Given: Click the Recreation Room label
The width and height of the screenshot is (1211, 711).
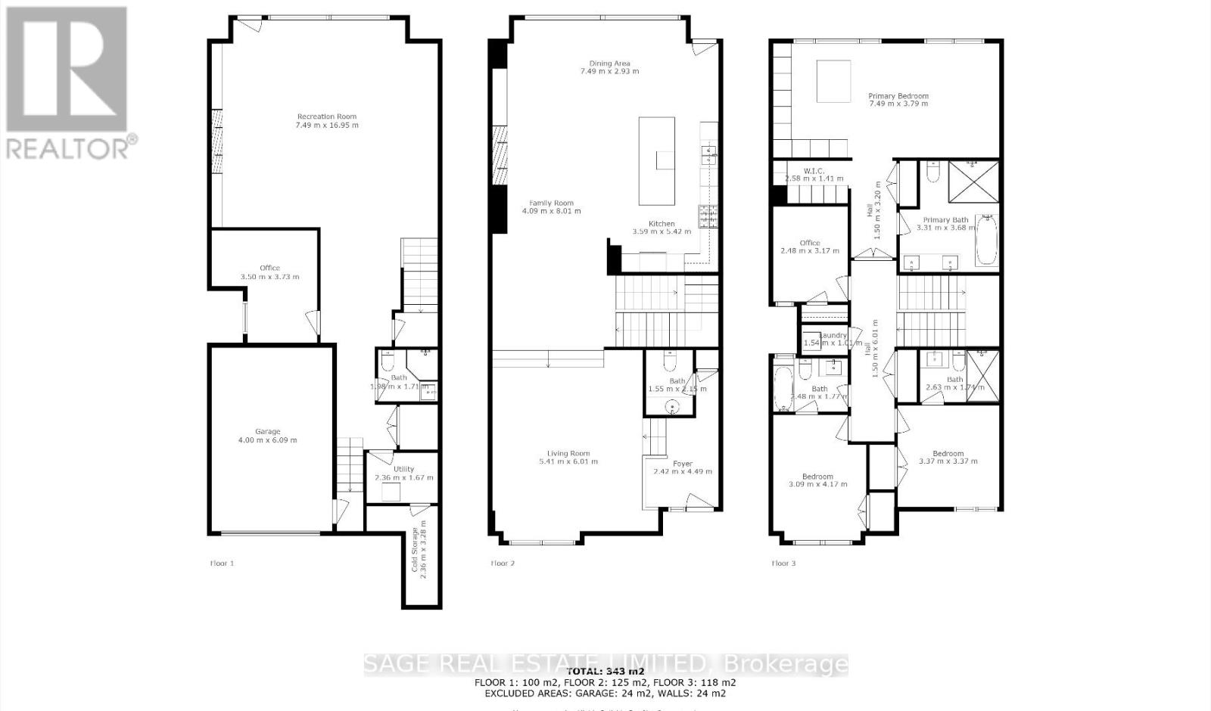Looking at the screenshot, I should (327, 116).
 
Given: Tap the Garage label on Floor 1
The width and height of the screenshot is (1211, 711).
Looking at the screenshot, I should (267, 432).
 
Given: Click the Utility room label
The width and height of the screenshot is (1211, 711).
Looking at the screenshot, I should (403, 469).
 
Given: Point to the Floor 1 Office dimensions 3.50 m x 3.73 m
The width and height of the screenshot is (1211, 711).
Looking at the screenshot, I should (269, 277).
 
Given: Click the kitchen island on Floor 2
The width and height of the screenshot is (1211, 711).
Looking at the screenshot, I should (656, 160).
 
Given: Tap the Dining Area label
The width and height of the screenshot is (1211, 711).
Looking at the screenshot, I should (609, 64).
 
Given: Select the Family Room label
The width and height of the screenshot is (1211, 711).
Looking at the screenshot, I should (551, 203).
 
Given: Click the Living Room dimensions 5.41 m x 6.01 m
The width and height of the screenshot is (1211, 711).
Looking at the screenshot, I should (568, 461).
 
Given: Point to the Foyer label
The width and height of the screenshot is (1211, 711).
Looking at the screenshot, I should (682, 464).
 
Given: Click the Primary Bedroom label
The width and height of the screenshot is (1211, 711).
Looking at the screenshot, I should (898, 96).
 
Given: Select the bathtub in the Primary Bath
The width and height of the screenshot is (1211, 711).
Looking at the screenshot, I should (987, 240).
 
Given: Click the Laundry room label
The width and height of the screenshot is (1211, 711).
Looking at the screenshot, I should (833, 335).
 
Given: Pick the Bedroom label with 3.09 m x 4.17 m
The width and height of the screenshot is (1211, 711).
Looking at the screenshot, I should (817, 477).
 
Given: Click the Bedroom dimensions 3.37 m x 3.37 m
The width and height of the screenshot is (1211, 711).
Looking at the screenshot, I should (948, 461).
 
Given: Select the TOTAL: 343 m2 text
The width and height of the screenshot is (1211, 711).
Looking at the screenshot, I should (605, 671).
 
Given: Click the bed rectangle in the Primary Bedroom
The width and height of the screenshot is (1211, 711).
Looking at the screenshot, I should (833, 82).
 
